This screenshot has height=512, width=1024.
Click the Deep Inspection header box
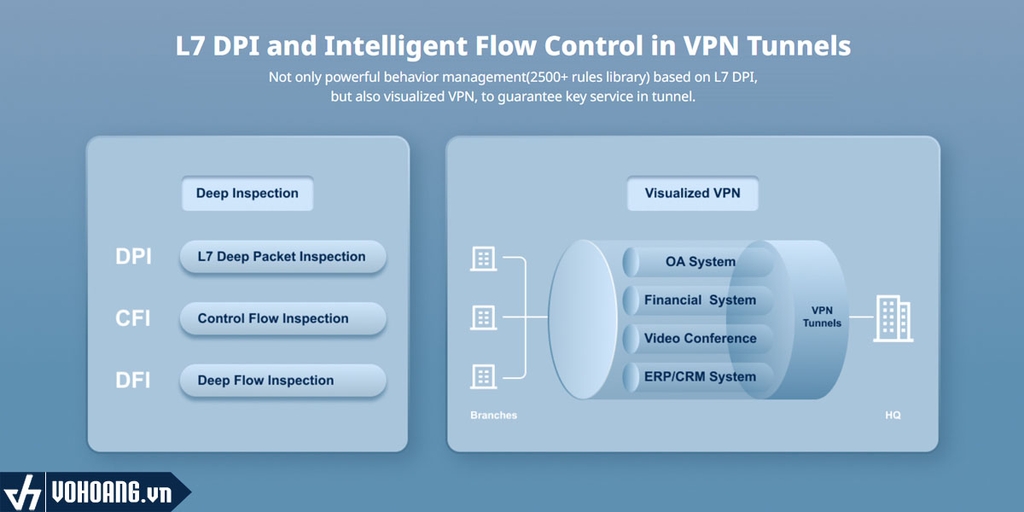coord(247,194)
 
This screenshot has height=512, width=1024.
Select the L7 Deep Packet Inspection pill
coord(282,257)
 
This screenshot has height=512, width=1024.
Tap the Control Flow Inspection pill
coord(282,319)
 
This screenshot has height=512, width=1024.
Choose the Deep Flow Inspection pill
coord(282,381)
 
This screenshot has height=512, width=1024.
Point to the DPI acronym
coord(133,257)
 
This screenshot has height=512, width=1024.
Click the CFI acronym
coord(133,319)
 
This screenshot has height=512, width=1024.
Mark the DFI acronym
coord(133,381)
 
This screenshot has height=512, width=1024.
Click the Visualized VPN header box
coord(692,194)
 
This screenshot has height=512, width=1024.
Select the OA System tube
coord(700,262)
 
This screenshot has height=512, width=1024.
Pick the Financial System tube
coord(700,300)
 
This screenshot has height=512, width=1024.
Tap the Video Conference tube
coord(700,338)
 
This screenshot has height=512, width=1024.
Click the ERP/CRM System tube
coord(700,377)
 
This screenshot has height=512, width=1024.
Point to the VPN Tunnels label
coord(822,317)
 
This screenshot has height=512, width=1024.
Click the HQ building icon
coord(892,318)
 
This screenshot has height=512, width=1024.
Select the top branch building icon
coord(483,258)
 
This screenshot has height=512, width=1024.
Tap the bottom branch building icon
coord(483,376)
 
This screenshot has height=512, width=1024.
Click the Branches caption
coord(493,415)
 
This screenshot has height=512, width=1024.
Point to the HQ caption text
coord(892,415)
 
